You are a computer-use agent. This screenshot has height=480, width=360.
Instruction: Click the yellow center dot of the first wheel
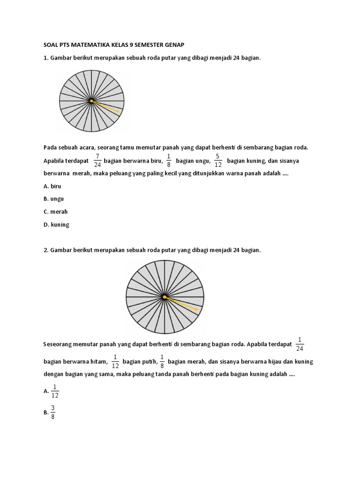[x=91, y=101]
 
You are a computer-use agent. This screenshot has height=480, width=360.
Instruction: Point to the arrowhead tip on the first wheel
[x=119, y=112]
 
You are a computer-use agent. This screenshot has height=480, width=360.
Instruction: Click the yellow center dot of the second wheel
[x=165, y=297]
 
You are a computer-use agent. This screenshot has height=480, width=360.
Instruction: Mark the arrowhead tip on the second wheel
[x=199, y=310]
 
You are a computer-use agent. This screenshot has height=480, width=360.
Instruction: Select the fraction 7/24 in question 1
[x=97, y=160]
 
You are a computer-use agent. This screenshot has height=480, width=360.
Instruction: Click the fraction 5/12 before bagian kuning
[x=217, y=160]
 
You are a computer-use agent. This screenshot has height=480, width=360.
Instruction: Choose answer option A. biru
[x=52, y=186]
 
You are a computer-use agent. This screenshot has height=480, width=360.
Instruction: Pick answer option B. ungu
[x=53, y=199]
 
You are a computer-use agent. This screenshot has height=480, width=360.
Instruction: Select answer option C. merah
[x=55, y=211]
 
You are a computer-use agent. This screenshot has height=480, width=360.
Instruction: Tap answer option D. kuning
[x=56, y=225]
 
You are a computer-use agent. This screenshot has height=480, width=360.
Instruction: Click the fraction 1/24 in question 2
[x=300, y=344]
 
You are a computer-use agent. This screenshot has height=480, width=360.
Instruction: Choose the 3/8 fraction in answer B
[x=52, y=412]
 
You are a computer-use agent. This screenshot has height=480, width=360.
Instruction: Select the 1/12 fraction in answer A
[x=54, y=391]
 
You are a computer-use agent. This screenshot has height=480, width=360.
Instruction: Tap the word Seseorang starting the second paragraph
[x=59, y=344]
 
